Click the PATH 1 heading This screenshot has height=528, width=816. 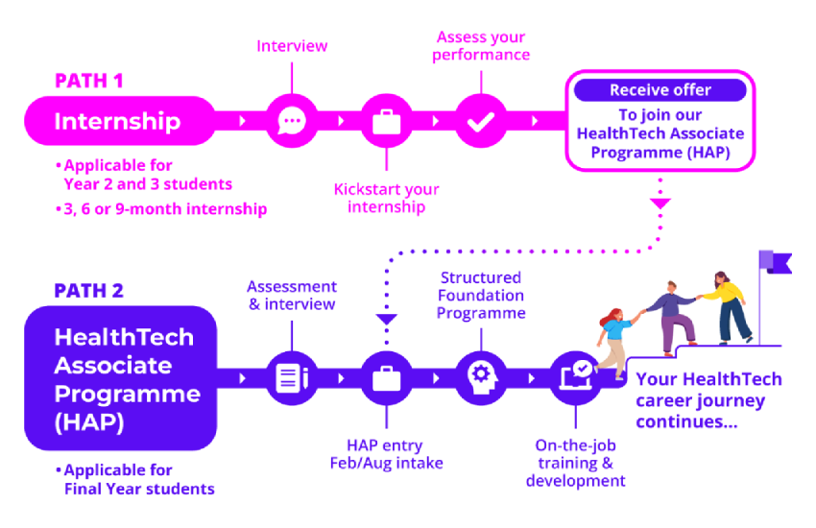[x=88, y=81]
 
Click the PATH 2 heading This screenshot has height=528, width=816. [x=88, y=291]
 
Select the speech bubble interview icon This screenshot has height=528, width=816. [x=291, y=122]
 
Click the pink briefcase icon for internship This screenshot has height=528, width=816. [x=386, y=122]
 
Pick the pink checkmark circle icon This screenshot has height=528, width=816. [x=480, y=122]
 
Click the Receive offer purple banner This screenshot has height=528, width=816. [x=660, y=90]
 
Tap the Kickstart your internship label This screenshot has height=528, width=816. [x=386, y=198]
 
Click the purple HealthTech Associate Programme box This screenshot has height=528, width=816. [x=122, y=378]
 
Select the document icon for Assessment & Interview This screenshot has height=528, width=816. [x=291, y=377]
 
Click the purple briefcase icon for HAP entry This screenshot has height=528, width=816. [x=386, y=377]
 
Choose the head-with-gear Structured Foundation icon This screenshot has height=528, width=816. [x=480, y=377]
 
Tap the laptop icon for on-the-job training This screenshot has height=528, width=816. [x=575, y=377]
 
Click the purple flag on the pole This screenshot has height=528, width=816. [x=775, y=261]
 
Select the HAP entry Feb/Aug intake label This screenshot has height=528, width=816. [x=386, y=454]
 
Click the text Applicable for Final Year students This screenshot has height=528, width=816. [x=136, y=479]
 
